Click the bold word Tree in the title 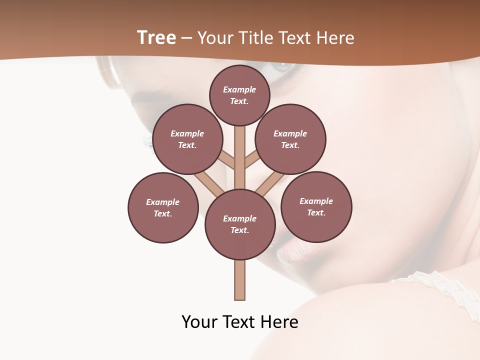156,38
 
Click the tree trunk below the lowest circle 240,280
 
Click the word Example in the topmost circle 239,90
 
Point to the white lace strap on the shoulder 440,285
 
